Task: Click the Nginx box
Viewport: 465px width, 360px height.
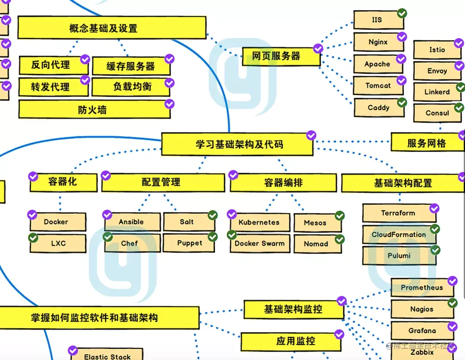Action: tap(378, 42)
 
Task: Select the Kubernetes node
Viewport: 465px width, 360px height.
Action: tap(259, 222)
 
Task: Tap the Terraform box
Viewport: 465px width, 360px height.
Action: tap(398, 213)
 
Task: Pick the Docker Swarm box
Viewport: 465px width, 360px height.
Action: tap(260, 243)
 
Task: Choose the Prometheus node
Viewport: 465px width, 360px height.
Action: tap(422, 287)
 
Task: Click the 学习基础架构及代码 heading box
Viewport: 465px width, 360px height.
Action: tap(237, 144)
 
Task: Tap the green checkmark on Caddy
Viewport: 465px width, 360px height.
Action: tap(402, 102)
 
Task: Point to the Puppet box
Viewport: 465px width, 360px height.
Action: tap(189, 243)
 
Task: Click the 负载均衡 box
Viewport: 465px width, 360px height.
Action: tap(131, 87)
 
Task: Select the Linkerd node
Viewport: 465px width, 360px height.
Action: tap(437, 92)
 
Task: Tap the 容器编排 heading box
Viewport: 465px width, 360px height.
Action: tap(283, 183)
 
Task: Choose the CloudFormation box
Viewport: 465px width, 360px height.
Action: tap(399, 234)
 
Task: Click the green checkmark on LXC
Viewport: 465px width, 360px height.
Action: tap(33, 237)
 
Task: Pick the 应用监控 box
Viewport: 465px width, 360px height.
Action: tap(295, 342)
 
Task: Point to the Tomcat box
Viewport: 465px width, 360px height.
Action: tap(378, 86)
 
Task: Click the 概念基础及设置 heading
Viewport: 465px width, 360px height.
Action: tap(112, 28)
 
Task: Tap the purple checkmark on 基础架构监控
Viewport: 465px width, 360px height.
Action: tap(341, 301)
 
